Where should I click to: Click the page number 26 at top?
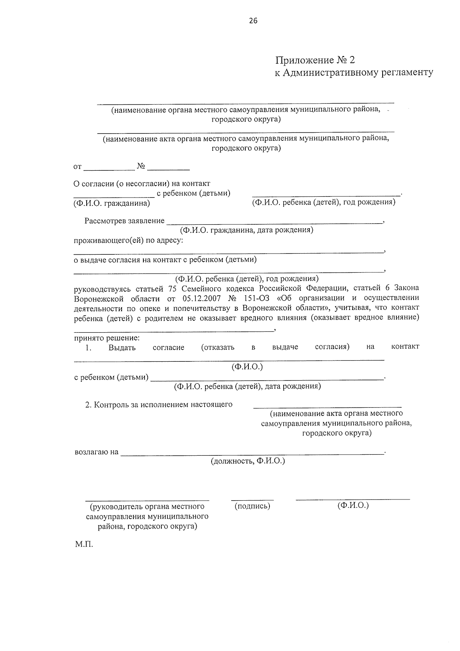(x=253, y=21)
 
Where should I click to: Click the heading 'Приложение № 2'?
(x=315, y=60)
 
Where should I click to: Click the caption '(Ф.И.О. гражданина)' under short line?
(x=112, y=203)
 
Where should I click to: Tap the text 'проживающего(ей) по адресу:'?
(x=128, y=240)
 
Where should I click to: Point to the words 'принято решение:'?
(x=107, y=338)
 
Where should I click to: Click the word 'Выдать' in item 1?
(x=122, y=348)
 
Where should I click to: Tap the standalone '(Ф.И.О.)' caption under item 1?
(x=247, y=367)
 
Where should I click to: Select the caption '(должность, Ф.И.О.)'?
(x=248, y=461)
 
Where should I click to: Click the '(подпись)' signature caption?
(x=252, y=506)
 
